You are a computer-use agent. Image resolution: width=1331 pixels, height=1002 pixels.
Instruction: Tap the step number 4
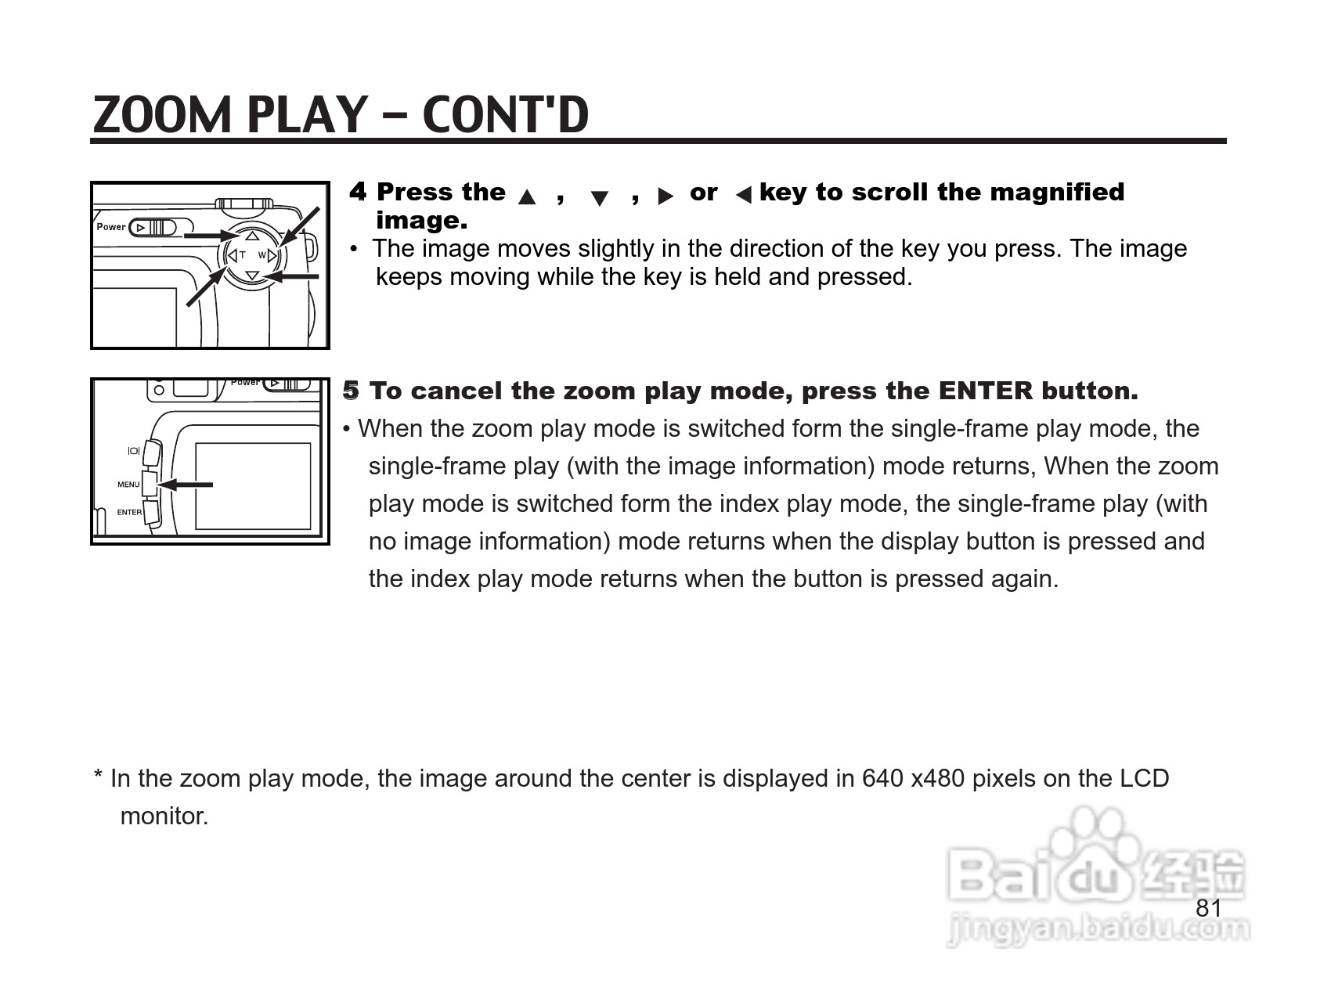coord(358,191)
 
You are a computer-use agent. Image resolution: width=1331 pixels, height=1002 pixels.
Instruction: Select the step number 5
coord(351,390)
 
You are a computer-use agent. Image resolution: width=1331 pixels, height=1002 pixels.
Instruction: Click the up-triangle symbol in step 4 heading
coord(527,196)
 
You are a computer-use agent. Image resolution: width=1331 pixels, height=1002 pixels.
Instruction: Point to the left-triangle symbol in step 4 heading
coord(743,195)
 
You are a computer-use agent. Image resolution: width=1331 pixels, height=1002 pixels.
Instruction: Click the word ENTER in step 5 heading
coord(986,390)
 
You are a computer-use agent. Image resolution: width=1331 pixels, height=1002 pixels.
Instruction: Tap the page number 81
coord(1209,908)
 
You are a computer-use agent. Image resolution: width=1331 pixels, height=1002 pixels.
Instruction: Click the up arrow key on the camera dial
coord(252,235)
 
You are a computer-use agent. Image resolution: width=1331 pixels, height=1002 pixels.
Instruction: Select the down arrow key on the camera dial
coord(252,276)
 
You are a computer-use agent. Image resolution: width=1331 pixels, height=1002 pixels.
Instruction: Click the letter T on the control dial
coord(243,255)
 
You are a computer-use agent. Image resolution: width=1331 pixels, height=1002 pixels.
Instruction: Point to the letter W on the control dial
coord(262,255)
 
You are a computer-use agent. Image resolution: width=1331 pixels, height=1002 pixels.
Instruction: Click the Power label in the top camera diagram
coord(110,227)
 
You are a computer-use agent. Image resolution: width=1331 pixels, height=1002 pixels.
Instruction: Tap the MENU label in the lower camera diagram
coord(128,485)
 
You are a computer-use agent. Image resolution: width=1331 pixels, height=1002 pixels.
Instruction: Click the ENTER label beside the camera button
coord(129,513)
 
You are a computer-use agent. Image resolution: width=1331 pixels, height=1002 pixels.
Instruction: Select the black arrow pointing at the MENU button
coord(185,485)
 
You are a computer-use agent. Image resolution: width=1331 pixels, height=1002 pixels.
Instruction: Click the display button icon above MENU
coord(133,451)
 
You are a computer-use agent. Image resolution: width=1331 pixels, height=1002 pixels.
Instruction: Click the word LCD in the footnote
coord(1144,778)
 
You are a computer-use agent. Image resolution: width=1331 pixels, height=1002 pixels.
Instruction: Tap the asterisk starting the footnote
coord(99,775)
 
